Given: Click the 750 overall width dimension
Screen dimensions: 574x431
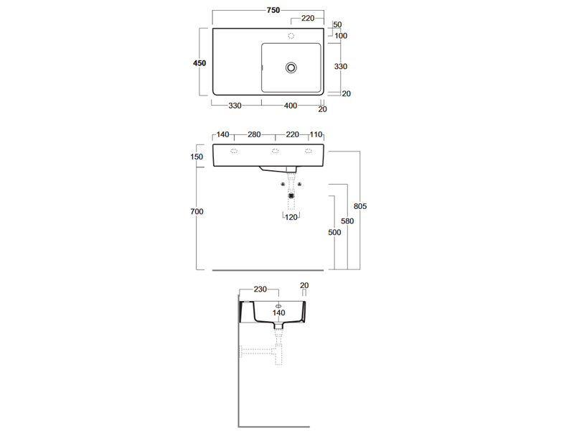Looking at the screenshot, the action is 273,10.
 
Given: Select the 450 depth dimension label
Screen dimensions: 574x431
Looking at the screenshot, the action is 199,63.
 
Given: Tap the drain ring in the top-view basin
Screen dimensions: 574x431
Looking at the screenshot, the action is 291,68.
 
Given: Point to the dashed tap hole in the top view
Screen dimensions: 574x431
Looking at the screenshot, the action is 291,35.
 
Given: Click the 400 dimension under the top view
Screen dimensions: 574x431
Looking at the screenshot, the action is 291,106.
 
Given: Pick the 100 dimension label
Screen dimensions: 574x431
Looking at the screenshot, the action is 341,35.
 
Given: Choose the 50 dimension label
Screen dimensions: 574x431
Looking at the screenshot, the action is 337,24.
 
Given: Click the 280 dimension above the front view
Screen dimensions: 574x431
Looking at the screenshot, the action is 254,134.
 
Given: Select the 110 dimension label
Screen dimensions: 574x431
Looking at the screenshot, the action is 316,134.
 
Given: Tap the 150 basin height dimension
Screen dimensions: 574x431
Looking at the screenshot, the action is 197,157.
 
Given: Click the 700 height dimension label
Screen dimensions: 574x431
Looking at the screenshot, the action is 197,211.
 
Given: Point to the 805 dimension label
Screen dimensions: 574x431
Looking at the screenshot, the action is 360,206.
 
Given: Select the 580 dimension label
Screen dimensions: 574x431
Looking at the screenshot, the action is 347,221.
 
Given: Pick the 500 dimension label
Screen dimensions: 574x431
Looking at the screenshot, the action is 334,232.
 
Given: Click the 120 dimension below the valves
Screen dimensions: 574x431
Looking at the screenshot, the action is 291,218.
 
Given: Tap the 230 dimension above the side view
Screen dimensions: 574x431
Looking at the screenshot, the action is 260,289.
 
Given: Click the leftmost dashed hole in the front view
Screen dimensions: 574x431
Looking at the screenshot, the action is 234,151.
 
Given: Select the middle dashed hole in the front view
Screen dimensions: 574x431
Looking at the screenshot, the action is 276,151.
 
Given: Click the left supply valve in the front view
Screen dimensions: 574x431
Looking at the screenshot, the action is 283,184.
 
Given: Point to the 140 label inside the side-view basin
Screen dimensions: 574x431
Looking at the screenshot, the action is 278,312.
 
